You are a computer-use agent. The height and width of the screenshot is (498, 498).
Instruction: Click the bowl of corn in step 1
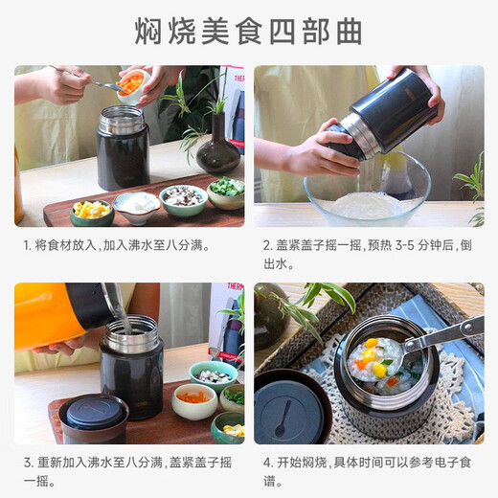tap(92, 209)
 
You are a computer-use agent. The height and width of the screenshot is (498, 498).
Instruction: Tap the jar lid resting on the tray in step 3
tap(93, 418)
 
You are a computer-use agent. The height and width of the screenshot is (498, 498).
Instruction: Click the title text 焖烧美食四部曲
tap(248, 31)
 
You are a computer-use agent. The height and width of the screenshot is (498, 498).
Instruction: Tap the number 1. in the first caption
tap(28, 245)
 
